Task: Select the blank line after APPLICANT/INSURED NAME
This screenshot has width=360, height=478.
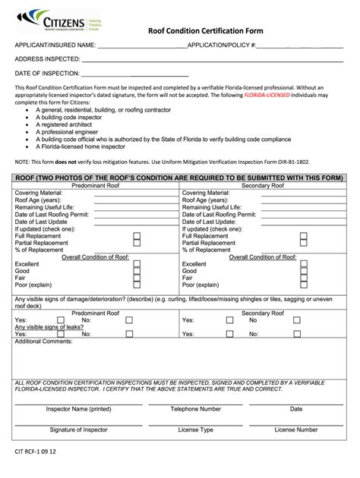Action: (141, 48)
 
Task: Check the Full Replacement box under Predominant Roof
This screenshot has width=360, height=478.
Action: (137, 236)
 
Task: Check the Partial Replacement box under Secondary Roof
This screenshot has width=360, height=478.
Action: (303, 244)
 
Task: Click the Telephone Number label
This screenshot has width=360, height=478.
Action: (195, 409)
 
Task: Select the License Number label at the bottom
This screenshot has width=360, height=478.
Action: (296, 430)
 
